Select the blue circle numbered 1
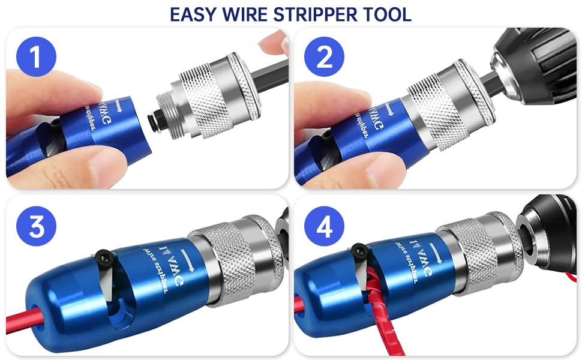pos(36,58)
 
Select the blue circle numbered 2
pos(324,58)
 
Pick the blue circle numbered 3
pos(36,229)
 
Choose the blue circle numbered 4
pos(324,229)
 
